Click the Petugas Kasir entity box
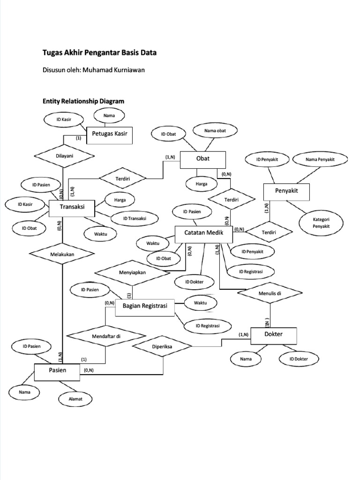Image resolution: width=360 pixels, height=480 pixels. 110,135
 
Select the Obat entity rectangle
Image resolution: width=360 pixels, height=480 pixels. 203,159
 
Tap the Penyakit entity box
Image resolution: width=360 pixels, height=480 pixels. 286,191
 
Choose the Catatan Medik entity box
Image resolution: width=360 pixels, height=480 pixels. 203,233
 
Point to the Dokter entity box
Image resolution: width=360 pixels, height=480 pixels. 273,335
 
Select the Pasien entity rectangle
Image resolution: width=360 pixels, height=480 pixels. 58,371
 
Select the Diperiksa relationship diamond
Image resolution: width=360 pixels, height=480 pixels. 162,347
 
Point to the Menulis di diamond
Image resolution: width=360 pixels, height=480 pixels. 270,293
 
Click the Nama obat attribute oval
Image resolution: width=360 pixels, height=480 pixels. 215,131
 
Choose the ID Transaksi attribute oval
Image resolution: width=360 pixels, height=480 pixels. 135,218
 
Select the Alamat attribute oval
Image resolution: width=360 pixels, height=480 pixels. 76,399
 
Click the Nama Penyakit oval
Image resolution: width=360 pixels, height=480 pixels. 320,160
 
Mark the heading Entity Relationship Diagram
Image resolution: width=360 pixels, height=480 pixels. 83,101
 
